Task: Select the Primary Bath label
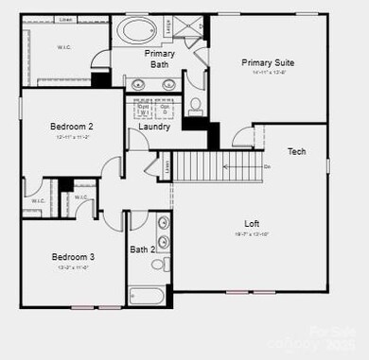[159, 60]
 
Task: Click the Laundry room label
[154, 127]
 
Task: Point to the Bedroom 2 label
[71, 127]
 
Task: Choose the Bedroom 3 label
[72, 257]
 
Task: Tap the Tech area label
[296, 152]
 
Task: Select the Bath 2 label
[142, 249]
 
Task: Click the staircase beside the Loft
[204, 168]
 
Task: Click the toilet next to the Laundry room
[195, 106]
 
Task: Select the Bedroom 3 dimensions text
[72, 267]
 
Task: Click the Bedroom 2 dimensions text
[71, 137]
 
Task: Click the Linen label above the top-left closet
[65, 19]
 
